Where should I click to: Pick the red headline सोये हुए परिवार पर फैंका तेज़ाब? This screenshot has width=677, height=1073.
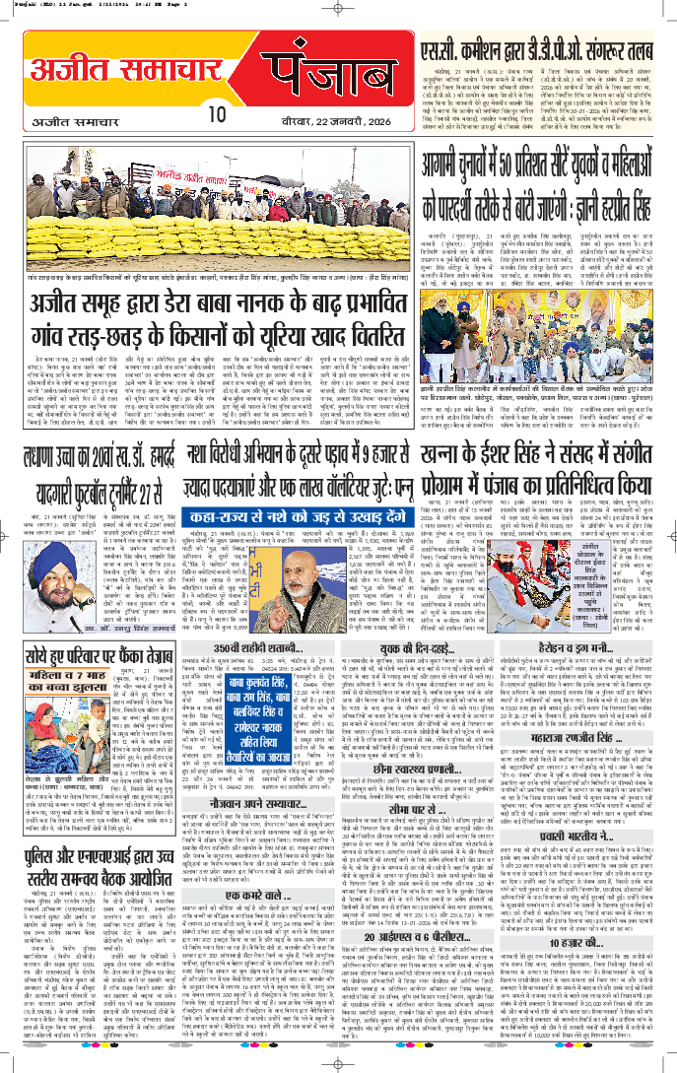100,656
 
